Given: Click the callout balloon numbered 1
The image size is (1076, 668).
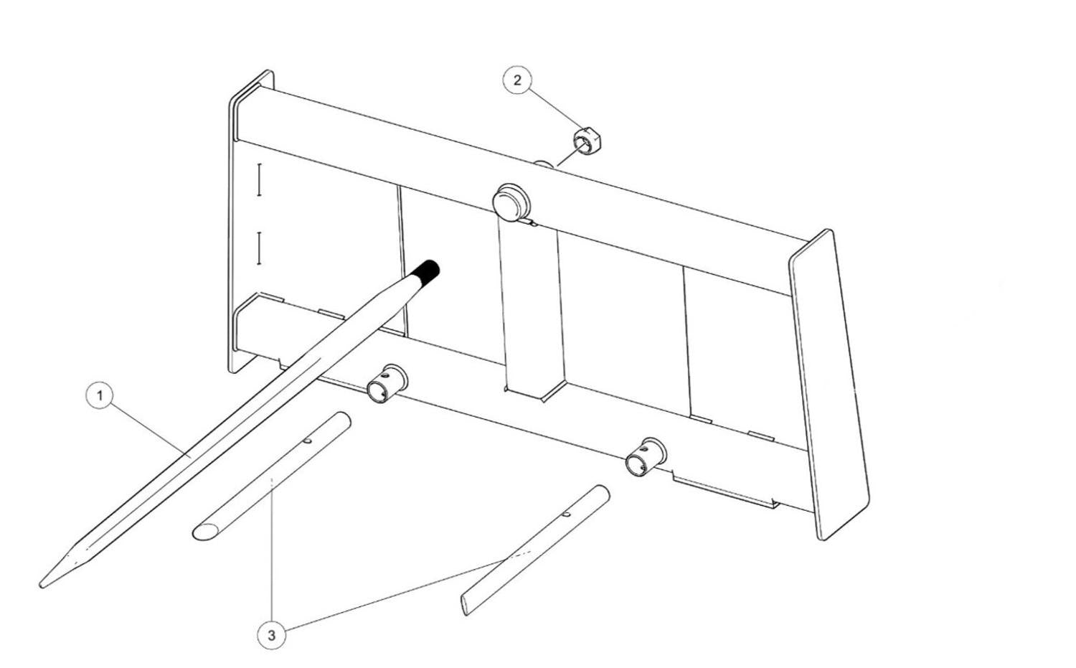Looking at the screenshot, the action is [x=100, y=395].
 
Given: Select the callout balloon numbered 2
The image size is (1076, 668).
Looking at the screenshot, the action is [x=517, y=80].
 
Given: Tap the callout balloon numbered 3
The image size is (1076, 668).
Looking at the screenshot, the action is [x=271, y=635].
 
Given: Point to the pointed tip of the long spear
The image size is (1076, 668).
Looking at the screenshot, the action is [x=42, y=585].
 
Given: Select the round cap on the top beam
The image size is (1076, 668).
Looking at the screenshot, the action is [x=511, y=203].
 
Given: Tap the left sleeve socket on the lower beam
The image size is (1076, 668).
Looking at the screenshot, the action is [x=387, y=383].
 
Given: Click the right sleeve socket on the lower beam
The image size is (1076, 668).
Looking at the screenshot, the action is [x=645, y=456].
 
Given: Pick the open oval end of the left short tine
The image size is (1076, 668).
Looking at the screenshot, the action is [x=206, y=532].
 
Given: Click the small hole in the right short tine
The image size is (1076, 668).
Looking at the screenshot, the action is [x=567, y=514].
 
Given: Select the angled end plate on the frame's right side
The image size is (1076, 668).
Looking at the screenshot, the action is [x=829, y=385].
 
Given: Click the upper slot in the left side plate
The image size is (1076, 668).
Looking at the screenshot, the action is [x=259, y=179].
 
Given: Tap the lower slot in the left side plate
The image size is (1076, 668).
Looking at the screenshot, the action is [x=259, y=248].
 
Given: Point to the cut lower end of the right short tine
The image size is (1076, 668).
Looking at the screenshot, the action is [x=465, y=606].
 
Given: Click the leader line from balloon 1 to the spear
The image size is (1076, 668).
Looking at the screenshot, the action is [x=150, y=429].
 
